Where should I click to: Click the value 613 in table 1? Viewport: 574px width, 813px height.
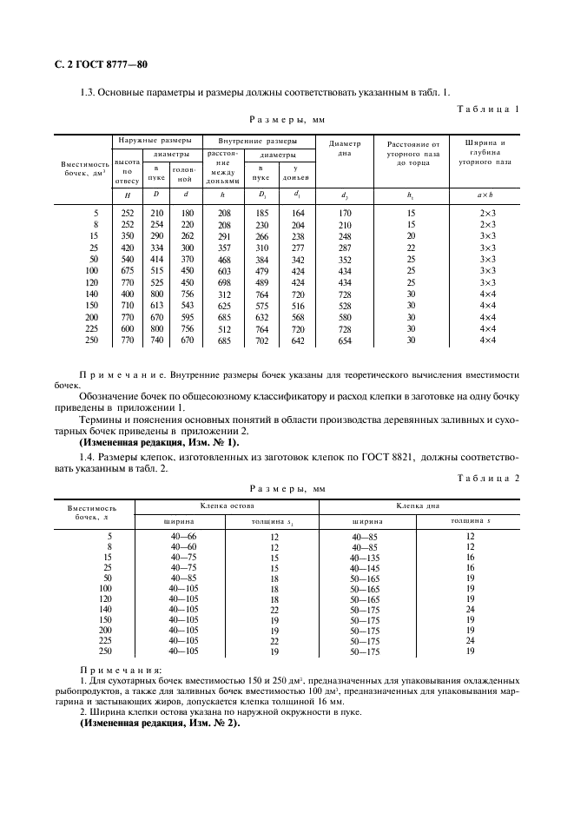click(x=157, y=306)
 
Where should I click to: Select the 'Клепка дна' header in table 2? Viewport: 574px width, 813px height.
click(x=421, y=505)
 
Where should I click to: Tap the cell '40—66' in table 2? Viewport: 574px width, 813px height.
click(x=183, y=535)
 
